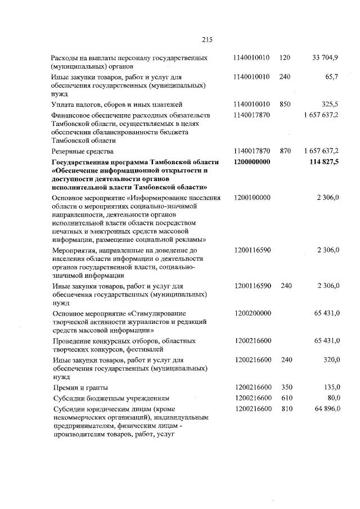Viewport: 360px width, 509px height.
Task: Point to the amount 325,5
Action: pos(328,104)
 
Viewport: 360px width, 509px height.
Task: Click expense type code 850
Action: pos(285,104)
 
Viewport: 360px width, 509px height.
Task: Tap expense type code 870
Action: pos(285,151)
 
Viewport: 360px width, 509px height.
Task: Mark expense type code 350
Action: pos(285,387)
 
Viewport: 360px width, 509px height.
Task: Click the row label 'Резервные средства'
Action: pos(82,151)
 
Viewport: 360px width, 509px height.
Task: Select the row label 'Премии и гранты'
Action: pos(78,388)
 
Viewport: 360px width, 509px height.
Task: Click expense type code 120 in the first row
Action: pos(285,58)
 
